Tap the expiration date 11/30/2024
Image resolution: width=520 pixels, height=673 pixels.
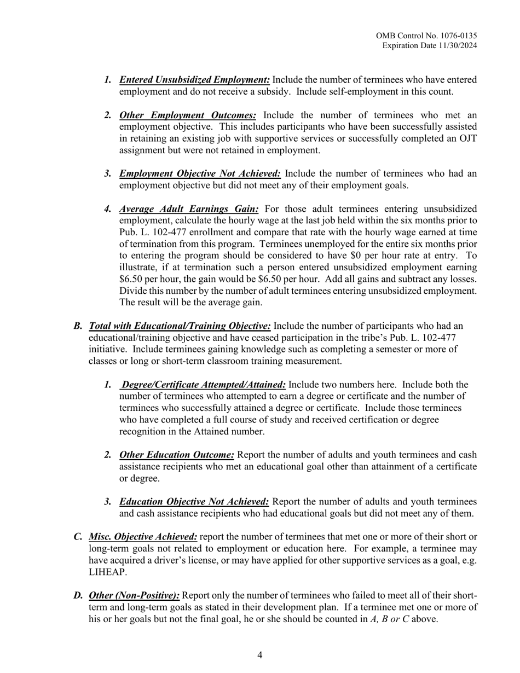pos(455,45)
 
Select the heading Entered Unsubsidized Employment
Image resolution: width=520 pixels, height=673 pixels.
pos(194,80)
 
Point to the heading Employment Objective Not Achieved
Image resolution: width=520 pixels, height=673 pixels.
pos(200,174)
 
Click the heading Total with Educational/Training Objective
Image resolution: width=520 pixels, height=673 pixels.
pos(180,326)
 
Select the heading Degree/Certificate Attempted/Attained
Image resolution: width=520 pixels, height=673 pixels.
pos(203,385)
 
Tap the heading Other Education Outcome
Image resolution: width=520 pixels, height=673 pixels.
pos(177,455)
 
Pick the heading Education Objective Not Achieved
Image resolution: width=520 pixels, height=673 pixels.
pos(194,502)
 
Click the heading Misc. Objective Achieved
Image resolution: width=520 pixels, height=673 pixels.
pos(143,537)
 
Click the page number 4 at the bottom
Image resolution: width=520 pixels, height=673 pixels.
pos(260,655)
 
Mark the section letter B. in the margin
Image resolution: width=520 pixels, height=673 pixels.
pos(78,326)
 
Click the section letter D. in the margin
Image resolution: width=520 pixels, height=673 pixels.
pos(78,595)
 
